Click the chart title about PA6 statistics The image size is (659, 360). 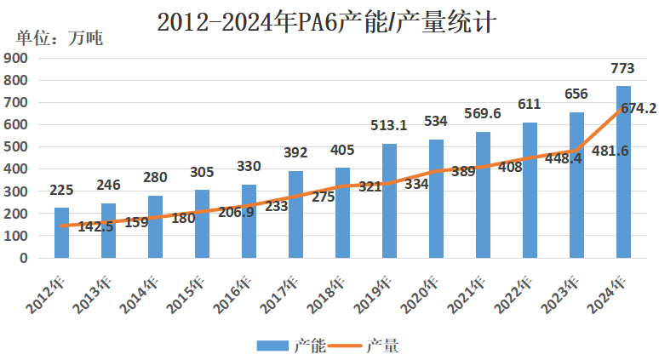pyautogui.click(x=328, y=20)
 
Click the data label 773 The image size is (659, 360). pyautogui.click(x=622, y=68)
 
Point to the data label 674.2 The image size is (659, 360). pyautogui.click(x=638, y=109)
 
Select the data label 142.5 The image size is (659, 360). pyautogui.click(x=95, y=226)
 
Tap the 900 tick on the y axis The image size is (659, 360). pyautogui.click(x=17, y=58)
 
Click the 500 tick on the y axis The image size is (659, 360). pyautogui.click(x=17, y=146)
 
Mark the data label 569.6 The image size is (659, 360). pyautogui.click(x=483, y=114)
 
